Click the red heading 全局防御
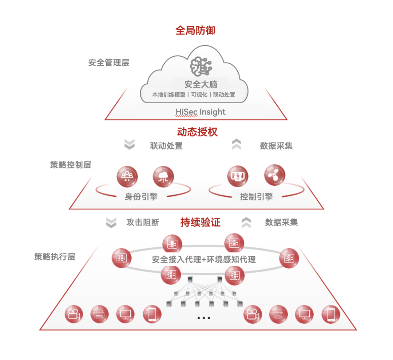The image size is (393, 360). [195, 30]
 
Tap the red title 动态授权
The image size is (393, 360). [197, 132]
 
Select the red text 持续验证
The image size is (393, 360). [201, 222]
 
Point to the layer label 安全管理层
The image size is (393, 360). [108, 63]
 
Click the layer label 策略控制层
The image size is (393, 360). [70, 165]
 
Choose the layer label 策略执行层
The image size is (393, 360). [55, 257]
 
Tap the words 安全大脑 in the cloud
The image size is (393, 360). [201, 84]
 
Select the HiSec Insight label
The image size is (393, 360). [201, 112]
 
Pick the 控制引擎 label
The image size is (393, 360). [256, 197]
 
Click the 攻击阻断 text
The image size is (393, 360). [143, 222]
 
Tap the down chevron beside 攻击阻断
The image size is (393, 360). [111, 223]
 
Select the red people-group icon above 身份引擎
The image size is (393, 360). [127, 176]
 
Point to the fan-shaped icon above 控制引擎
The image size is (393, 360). [274, 175]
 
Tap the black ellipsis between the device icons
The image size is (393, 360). [204, 318]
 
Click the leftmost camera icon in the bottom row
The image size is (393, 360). [74, 314]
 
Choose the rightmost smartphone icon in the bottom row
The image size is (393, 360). [331, 314]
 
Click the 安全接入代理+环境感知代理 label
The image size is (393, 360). [204, 260]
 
